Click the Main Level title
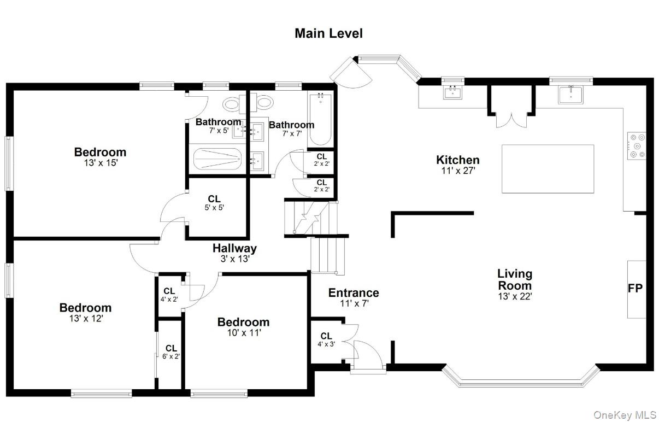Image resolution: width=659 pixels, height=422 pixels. (328, 33)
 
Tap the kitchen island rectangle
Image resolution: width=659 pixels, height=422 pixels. (548, 168)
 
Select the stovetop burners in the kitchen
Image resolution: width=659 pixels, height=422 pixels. (637, 146)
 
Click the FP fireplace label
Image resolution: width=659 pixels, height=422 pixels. (635, 289)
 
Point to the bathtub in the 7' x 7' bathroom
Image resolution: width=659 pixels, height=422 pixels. (320, 119)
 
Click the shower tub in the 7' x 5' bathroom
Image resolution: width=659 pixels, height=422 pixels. (217, 159)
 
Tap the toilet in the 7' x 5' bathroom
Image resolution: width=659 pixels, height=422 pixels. (234, 104)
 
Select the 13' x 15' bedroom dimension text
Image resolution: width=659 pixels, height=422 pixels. (101, 163)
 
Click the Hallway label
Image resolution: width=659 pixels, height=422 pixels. (234, 248)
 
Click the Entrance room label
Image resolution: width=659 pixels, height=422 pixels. (354, 293)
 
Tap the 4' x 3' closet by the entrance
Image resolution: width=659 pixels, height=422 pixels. (326, 339)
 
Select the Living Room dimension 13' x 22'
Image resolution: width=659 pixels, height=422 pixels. (515, 296)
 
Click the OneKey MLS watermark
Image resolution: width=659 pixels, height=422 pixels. (625, 415)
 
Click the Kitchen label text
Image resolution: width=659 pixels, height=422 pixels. (458, 160)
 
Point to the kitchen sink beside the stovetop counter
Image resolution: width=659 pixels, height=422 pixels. (570, 95)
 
